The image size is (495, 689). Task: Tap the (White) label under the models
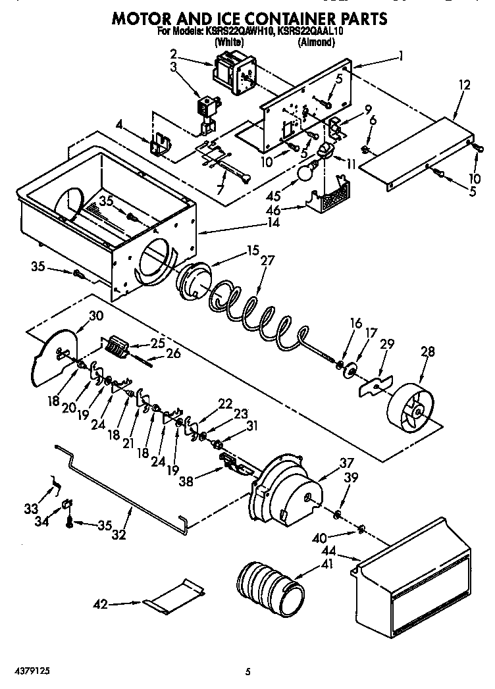(x=228, y=42)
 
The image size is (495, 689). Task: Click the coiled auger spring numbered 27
(x=257, y=307)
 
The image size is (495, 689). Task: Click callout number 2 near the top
(x=174, y=53)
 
